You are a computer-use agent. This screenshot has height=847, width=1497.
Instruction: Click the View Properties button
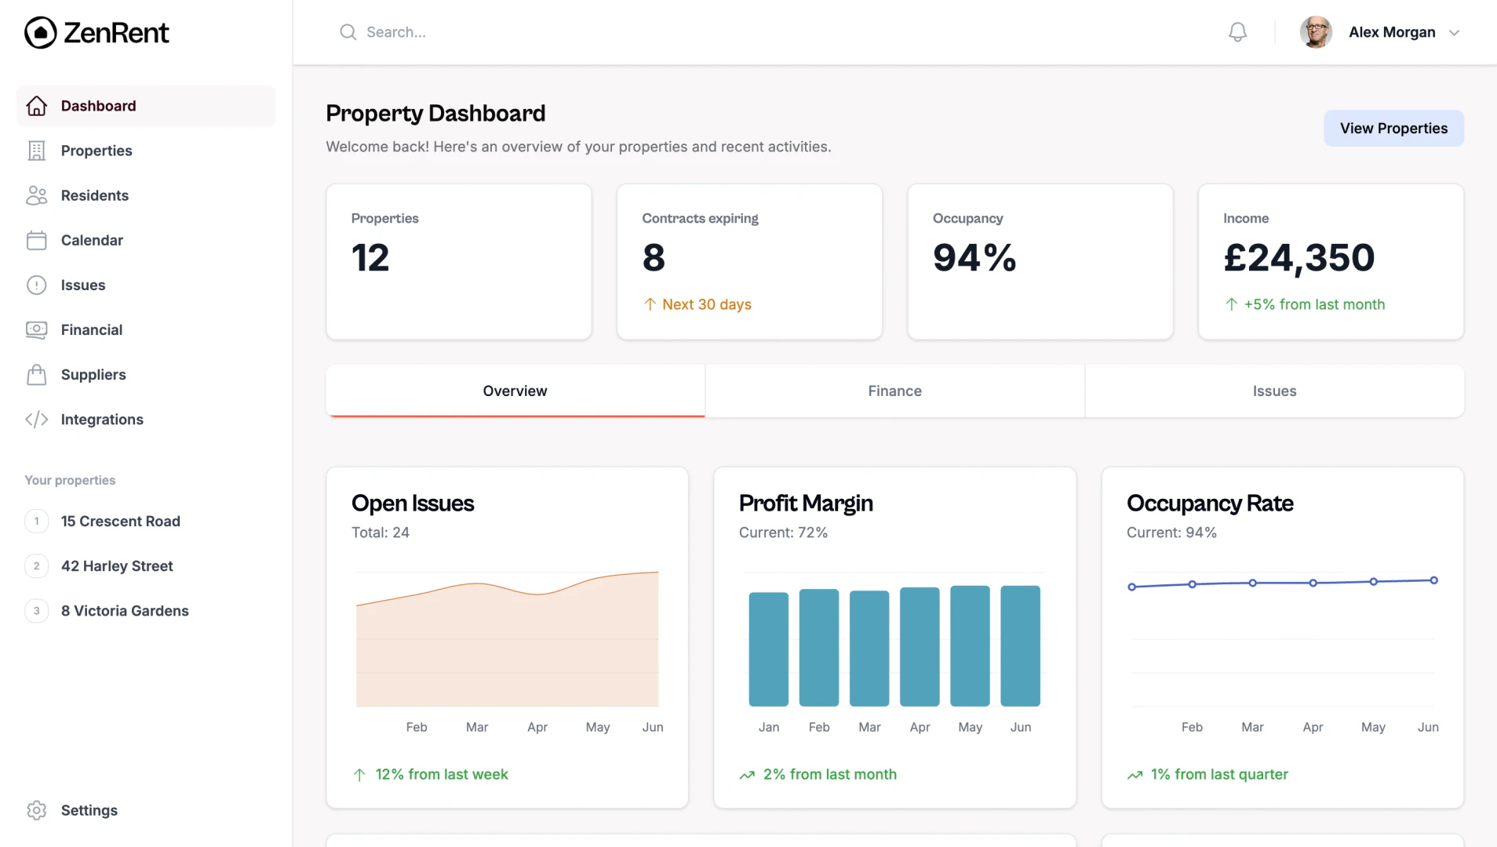point(1393,128)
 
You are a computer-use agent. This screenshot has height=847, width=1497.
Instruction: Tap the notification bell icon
point(1237,32)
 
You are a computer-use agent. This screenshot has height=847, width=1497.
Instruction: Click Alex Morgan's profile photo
point(1316,32)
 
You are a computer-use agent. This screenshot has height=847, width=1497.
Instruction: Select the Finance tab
point(894,391)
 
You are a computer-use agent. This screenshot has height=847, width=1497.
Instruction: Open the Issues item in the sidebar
point(83,285)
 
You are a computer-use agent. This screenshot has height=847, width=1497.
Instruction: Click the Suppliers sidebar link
point(93,374)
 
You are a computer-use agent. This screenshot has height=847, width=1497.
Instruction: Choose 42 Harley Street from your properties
point(117,565)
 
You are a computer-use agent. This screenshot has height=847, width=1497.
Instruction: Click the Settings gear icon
point(37,810)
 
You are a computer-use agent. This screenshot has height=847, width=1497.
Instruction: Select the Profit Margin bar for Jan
point(768,649)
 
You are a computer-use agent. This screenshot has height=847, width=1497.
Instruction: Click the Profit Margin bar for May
point(970,645)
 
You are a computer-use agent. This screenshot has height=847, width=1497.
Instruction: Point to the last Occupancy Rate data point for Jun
point(1433,580)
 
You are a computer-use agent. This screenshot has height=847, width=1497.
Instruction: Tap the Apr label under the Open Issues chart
point(537,727)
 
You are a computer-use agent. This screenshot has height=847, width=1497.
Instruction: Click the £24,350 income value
point(1298,257)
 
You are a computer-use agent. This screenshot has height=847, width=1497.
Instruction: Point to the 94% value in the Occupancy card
point(974,257)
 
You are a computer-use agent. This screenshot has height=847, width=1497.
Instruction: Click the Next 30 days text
point(706,304)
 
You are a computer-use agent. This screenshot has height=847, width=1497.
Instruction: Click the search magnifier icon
point(348,32)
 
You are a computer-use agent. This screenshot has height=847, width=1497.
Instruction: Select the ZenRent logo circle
point(41,33)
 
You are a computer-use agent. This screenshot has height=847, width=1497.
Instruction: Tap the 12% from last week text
point(442,774)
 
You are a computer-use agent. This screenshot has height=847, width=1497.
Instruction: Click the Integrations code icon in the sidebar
point(37,420)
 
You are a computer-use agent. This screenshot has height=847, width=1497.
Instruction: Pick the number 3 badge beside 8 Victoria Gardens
point(37,610)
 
